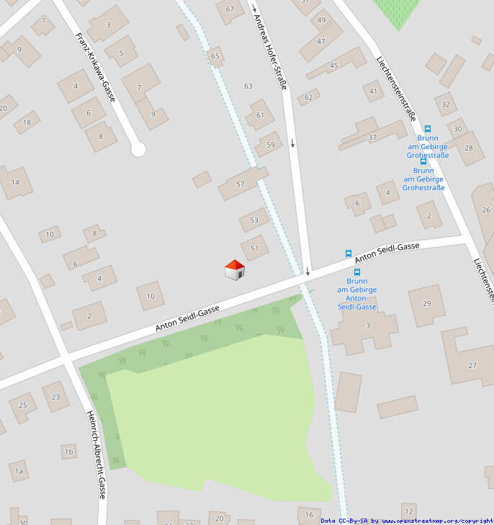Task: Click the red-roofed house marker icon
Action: coord(235,270)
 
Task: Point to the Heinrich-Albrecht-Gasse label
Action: coord(96,454)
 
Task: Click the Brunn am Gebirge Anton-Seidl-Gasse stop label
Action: coord(356,294)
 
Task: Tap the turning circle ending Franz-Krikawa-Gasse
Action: coord(138,149)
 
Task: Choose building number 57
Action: coord(241,184)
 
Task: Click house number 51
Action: coord(253,248)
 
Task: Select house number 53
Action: coord(253,220)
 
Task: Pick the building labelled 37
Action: coord(372,137)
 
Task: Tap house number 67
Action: coord(230,9)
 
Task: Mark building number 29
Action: coord(427,303)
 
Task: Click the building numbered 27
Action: coord(472,365)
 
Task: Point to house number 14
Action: coord(15,183)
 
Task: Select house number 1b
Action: coord(69,452)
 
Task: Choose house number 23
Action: coord(56,396)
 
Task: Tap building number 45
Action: coord(333,66)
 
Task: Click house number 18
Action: coord(27,122)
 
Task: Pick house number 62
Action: coord(309,97)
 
